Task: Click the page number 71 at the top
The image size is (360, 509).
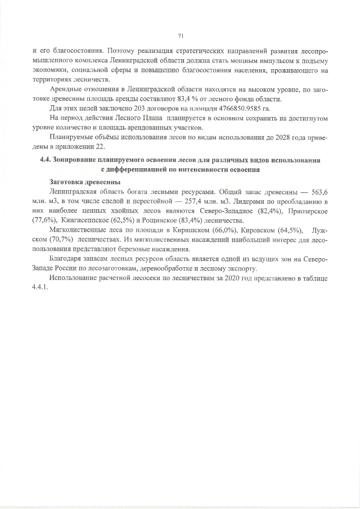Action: pos(181,35)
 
